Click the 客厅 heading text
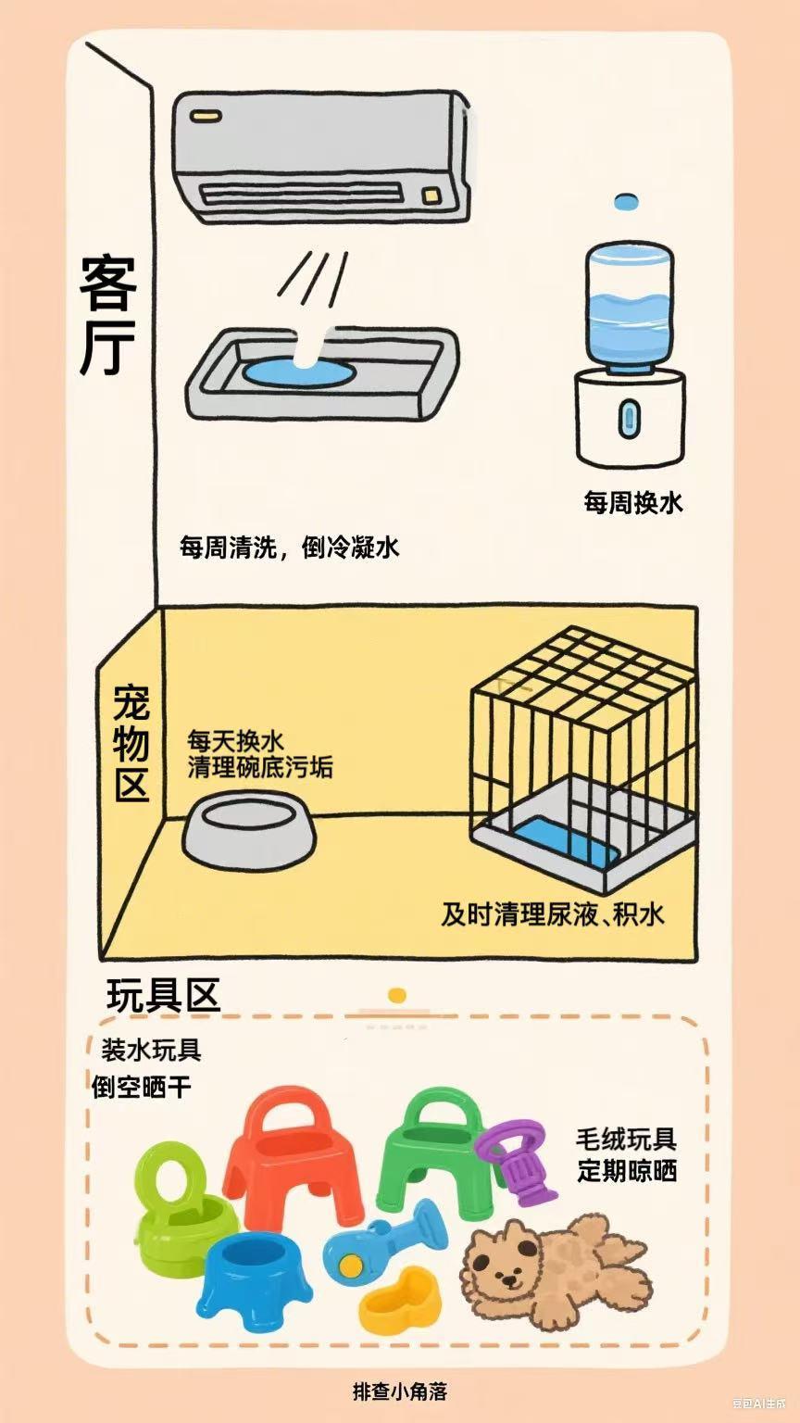(107, 316)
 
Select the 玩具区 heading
(163, 995)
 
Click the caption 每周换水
(633, 502)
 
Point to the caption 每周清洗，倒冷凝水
(289, 547)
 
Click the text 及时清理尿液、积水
(553, 914)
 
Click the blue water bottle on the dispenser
(628, 308)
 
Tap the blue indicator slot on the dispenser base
(630, 418)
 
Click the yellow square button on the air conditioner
(431, 194)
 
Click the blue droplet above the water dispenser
(626, 202)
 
